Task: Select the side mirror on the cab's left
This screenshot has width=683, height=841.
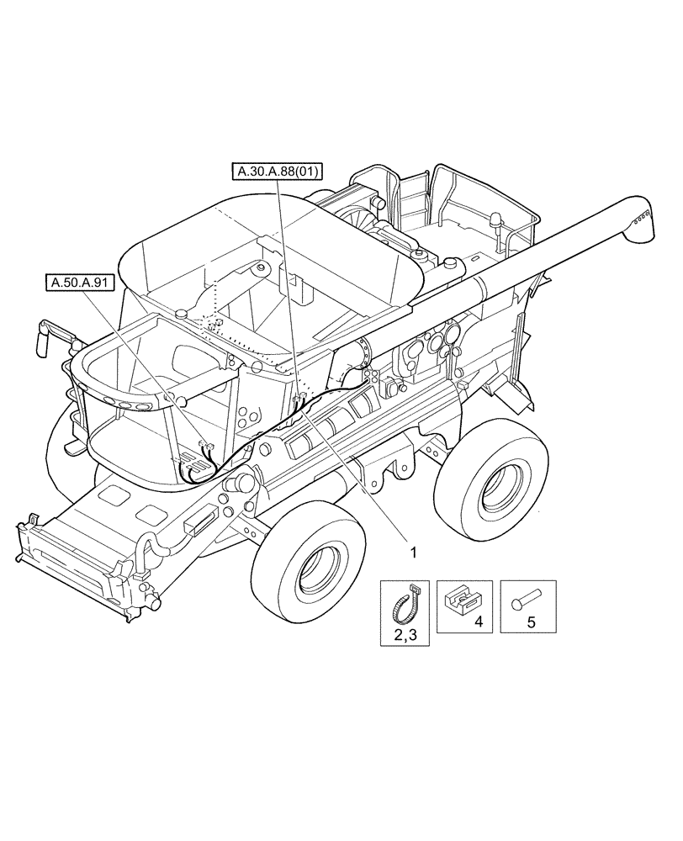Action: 43,339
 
